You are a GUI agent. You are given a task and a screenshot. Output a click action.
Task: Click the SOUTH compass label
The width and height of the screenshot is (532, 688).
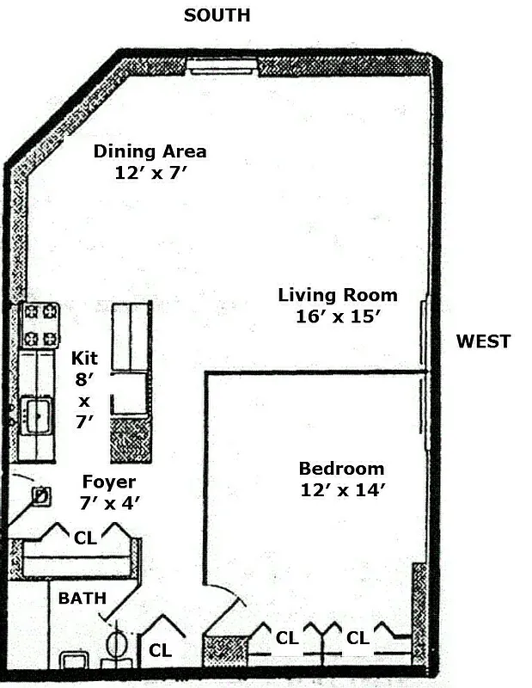(217, 15)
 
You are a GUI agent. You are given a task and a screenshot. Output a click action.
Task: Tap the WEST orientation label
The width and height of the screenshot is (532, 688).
(483, 341)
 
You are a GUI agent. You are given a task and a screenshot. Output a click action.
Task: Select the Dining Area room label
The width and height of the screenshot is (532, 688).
(150, 151)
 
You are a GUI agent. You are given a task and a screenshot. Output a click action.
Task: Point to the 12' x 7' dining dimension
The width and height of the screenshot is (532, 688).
(150, 172)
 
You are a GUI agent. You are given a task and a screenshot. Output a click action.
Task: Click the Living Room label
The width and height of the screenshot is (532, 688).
(338, 295)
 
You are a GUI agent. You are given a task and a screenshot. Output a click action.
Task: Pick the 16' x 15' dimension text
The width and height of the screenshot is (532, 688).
(338, 316)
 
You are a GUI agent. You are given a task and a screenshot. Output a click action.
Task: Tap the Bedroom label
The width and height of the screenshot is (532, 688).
(341, 469)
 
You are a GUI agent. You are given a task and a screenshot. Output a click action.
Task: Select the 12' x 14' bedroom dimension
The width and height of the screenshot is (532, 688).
(341, 490)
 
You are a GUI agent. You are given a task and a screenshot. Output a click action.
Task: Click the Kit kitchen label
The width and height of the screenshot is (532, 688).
(84, 358)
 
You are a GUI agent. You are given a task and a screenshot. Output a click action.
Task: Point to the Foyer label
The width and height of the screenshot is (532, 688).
(108, 481)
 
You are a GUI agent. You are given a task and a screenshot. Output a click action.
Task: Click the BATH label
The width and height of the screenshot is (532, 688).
(81, 597)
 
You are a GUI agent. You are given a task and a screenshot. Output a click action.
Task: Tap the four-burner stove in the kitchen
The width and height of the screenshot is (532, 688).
(40, 325)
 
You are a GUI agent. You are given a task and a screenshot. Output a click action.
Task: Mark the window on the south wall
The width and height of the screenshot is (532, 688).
(223, 65)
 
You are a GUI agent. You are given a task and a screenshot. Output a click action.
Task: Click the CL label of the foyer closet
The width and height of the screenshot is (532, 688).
(85, 538)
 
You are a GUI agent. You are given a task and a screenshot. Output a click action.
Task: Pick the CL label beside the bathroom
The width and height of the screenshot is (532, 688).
(160, 651)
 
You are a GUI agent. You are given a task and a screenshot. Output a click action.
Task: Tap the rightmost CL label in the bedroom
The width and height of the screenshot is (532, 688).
(358, 638)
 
